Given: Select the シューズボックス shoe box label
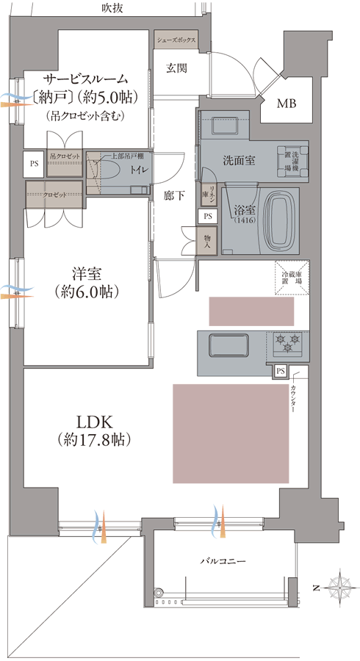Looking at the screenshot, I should point(176,41).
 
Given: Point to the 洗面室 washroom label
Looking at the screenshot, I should point(239,160).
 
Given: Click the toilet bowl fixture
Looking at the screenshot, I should point(110,172).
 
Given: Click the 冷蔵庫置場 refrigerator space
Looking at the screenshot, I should point(294,278).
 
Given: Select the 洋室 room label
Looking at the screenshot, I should point(88,273).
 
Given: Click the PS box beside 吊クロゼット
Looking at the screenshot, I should point(34,164).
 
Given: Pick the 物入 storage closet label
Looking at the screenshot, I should point(207,242).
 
